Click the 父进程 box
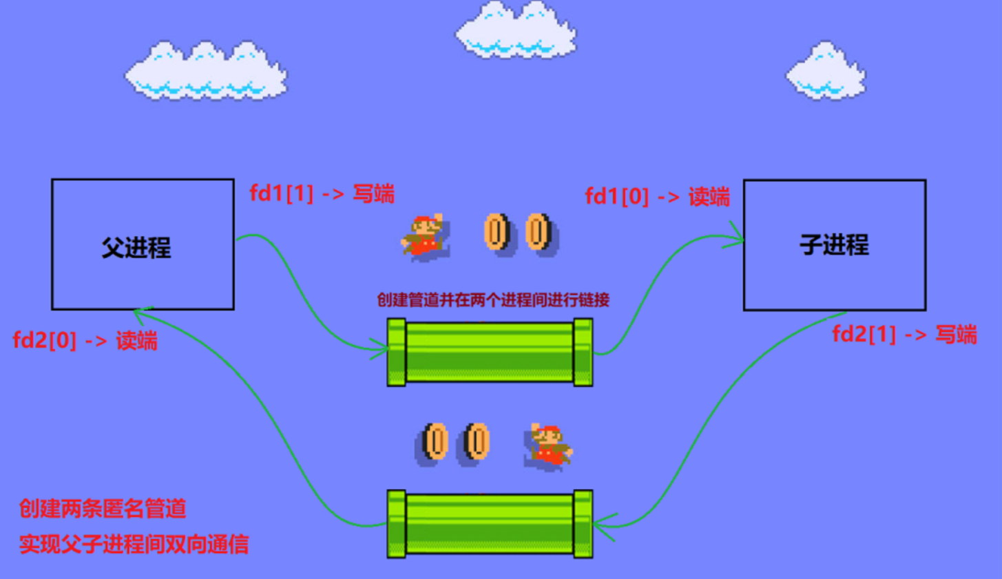pyautogui.click(x=143, y=244)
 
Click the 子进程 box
pyautogui.click(x=834, y=245)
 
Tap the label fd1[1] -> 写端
pyautogui.click(x=322, y=194)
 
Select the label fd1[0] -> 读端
pyautogui.click(x=657, y=197)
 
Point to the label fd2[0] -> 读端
pyautogui.click(x=85, y=341)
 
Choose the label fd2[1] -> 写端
pyautogui.click(x=904, y=335)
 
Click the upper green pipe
pyautogui.click(x=490, y=352)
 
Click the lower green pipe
pyautogui.click(x=490, y=525)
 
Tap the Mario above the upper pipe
pyautogui.click(x=423, y=236)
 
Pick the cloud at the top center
pyautogui.click(x=516, y=30)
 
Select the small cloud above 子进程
pyautogui.click(x=825, y=71)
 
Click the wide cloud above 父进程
pyautogui.click(x=205, y=72)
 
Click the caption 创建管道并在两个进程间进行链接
pyautogui.click(x=493, y=300)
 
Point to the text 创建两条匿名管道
pyautogui.click(x=103, y=509)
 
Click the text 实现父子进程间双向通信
pyautogui.click(x=134, y=545)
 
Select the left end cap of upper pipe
pyautogui.click(x=396, y=352)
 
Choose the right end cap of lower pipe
pyautogui.click(x=583, y=525)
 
